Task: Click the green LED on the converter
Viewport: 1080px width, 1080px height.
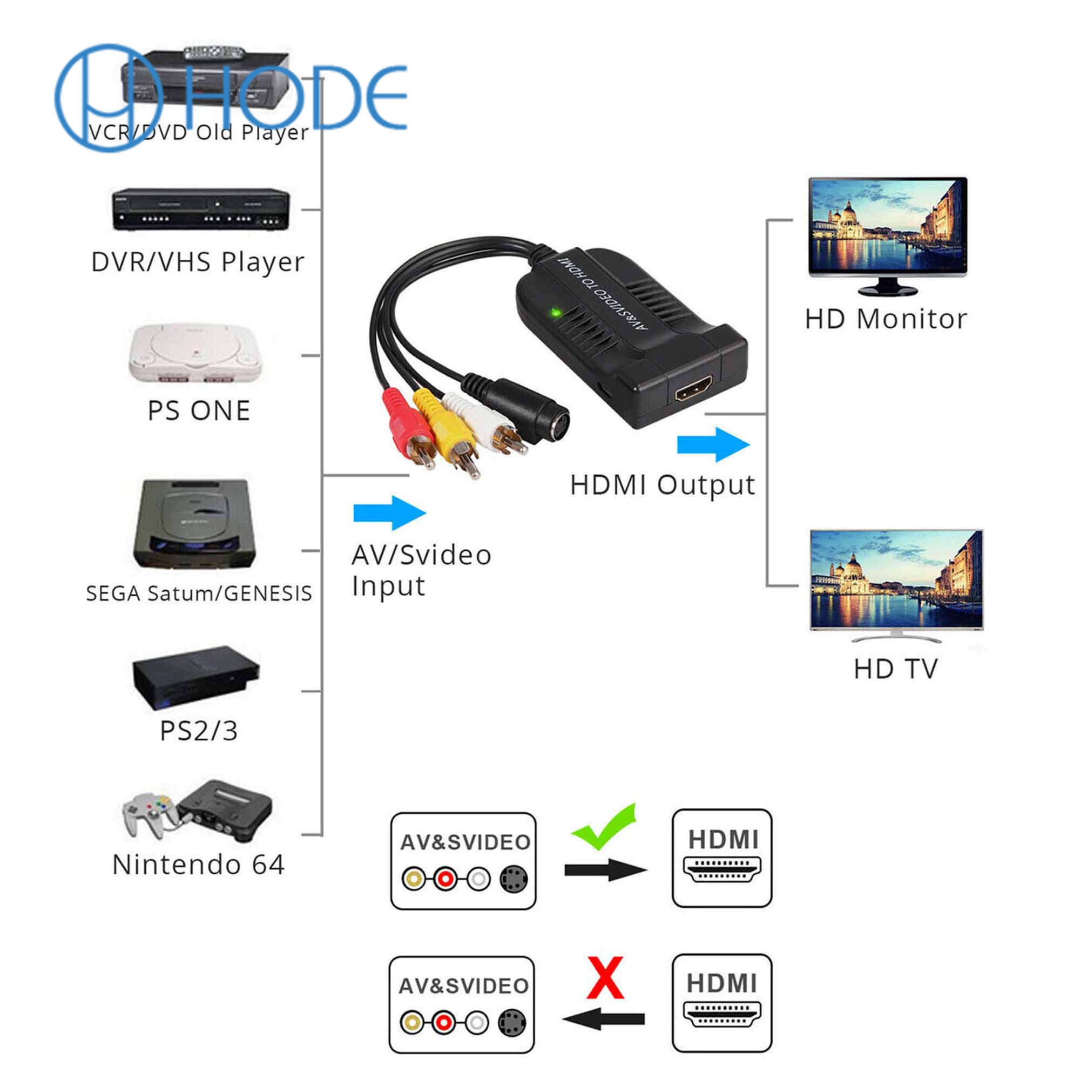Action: pyautogui.click(x=556, y=313)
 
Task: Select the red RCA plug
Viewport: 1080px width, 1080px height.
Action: pyautogui.click(x=406, y=425)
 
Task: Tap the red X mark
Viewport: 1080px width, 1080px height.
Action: pyautogui.click(x=605, y=978)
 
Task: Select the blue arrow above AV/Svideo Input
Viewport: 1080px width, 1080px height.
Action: pyautogui.click(x=390, y=512)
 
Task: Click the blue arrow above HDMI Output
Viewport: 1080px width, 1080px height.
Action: pyautogui.click(x=713, y=444)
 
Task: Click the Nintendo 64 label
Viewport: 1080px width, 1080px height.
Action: pyautogui.click(x=198, y=865)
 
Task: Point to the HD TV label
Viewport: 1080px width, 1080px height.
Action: pyautogui.click(x=895, y=669)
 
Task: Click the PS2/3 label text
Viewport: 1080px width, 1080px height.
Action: pyautogui.click(x=198, y=731)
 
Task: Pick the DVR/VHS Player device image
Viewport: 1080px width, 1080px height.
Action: pyautogui.click(x=201, y=210)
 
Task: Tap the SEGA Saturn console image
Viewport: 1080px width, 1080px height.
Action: pyautogui.click(x=194, y=524)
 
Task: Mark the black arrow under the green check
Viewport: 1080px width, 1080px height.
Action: pyautogui.click(x=605, y=870)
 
